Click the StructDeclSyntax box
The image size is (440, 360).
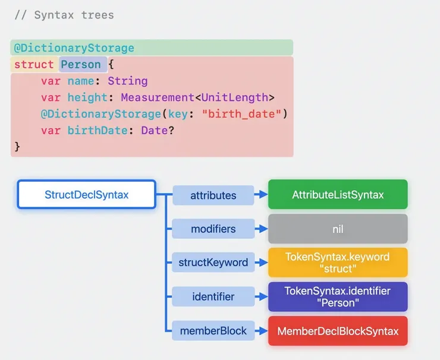(86, 194)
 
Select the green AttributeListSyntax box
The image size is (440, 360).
(338, 194)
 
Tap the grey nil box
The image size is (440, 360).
(338, 229)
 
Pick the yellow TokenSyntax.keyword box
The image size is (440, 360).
(338, 263)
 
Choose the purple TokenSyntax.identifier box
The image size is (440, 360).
(338, 296)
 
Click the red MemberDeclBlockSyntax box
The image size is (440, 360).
(338, 331)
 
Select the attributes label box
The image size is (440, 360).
(213, 195)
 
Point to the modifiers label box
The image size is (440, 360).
(213, 229)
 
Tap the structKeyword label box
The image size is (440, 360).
(213, 263)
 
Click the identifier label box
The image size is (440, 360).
(213, 296)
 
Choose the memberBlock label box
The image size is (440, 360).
(213, 331)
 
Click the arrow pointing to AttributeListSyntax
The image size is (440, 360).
(261, 194)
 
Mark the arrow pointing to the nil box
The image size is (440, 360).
(261, 229)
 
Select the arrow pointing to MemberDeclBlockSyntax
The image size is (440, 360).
(261, 331)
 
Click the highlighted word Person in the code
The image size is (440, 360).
(81, 64)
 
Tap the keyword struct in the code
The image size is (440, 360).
(34, 64)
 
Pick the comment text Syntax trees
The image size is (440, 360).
(74, 15)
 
